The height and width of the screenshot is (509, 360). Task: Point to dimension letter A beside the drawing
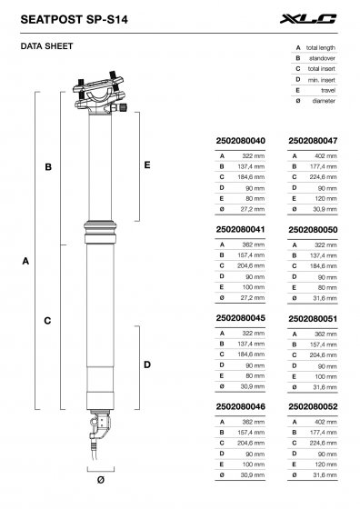point(25,261)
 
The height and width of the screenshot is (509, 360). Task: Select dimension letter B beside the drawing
point(47,166)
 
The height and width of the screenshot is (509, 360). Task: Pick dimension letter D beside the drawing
point(147,364)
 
